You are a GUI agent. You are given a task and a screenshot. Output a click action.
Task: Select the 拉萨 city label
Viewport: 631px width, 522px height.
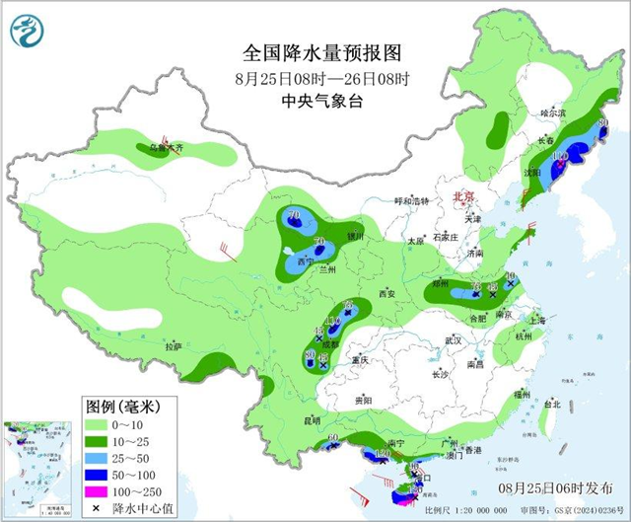tap(174, 346)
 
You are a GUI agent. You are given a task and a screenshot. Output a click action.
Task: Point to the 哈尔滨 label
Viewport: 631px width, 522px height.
tap(555, 114)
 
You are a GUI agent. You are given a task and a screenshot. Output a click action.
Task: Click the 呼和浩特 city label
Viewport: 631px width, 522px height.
tap(412, 200)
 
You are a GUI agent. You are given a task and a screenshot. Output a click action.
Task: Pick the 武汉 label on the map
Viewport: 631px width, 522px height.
tap(454, 339)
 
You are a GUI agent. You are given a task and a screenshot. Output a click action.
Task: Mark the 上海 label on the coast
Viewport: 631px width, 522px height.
tap(537, 321)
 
